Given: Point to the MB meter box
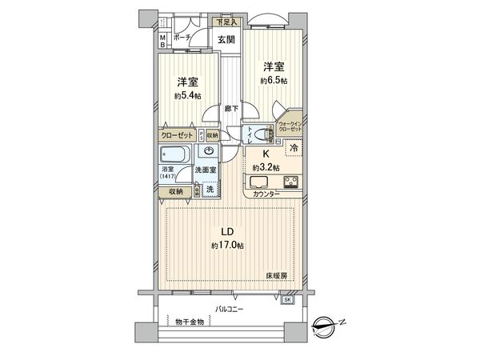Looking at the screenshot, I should pyautogui.click(x=162, y=41).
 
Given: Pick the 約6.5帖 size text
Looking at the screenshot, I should pyautogui.click(x=273, y=81).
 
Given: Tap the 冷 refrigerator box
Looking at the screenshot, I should pyautogui.click(x=294, y=149).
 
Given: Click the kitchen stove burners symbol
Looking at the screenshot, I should pyautogui.click(x=290, y=181).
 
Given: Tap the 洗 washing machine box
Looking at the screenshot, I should pyautogui.click(x=209, y=190).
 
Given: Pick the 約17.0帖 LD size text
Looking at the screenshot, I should pyautogui.click(x=229, y=244).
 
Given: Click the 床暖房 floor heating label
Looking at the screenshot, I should pyautogui.click(x=277, y=275).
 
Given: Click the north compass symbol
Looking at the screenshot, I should pyautogui.click(x=326, y=325).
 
